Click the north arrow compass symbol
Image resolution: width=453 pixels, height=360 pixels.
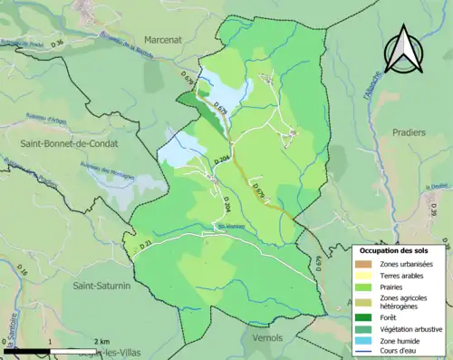click(404, 49)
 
